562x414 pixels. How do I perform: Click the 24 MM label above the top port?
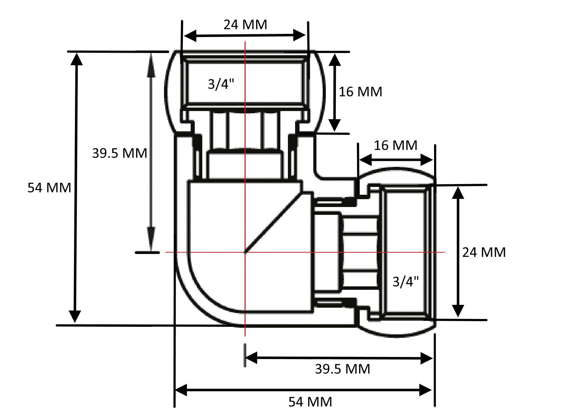(245, 24)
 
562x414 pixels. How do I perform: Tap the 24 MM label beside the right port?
(484, 252)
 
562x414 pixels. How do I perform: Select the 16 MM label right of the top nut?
(360, 92)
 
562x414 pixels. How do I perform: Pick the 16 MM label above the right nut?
(395, 145)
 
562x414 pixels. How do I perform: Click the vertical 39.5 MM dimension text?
(119, 153)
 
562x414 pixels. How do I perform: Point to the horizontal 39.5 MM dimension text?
(342, 369)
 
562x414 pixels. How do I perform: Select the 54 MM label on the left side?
(49, 188)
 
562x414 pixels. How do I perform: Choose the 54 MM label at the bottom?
(310, 402)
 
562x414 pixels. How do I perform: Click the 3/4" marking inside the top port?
(221, 84)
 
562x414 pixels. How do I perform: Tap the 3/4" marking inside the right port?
(406, 282)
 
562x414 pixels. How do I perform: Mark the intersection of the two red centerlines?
(245, 252)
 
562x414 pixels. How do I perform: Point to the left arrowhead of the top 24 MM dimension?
(190, 35)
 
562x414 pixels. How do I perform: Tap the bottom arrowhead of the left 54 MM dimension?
(75, 316)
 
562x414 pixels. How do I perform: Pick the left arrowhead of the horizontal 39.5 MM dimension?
(251, 358)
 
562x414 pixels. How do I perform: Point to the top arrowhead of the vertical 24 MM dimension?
(458, 193)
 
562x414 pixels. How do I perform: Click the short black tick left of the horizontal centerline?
(147, 252)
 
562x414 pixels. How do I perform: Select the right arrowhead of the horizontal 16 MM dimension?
(427, 160)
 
